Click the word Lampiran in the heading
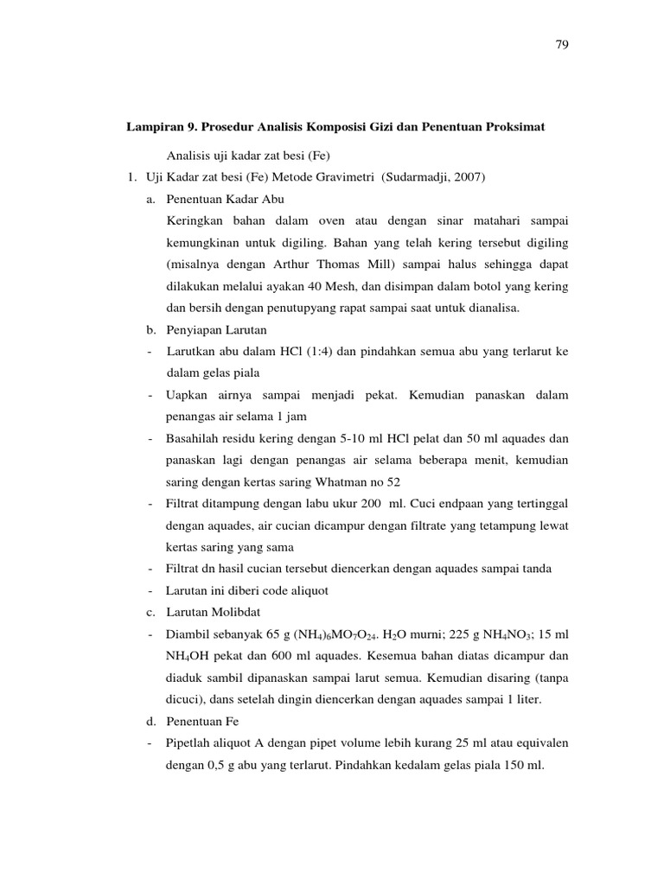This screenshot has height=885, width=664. pyautogui.click(x=156, y=126)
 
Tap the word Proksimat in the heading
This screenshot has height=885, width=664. pyautogui.click(x=515, y=126)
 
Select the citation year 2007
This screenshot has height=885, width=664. pyautogui.click(x=471, y=177)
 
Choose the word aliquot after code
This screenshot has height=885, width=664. pyautogui.click(x=306, y=590)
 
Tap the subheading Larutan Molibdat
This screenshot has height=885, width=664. pyautogui.click(x=208, y=612)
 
